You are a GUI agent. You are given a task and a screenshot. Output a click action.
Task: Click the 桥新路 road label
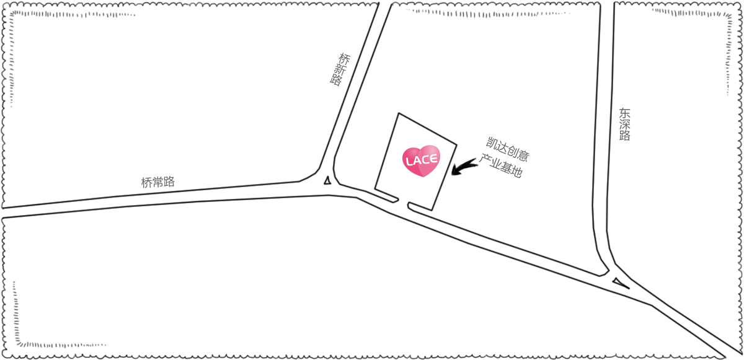pos(340,69)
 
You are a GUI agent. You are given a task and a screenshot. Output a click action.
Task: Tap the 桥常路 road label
pos(158,182)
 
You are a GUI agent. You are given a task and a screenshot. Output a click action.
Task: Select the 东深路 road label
pos(625,125)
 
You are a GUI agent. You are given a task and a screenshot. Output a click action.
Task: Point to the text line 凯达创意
pos(508,149)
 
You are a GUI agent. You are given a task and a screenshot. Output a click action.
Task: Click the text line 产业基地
pos(502,165)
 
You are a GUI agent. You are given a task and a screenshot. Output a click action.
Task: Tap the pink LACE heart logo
pos(421,161)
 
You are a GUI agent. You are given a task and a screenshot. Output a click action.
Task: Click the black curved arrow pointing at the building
pos(464,167)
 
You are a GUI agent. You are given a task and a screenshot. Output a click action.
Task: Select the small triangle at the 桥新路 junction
pos(327,180)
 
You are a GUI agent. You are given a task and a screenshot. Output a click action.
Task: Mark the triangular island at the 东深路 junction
pos(621,283)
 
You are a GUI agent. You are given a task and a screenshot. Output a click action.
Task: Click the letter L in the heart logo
pos(410,162)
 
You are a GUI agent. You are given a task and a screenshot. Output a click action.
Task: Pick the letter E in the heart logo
pos(433,159)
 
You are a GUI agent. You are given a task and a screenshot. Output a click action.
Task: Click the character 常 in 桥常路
pos(158,182)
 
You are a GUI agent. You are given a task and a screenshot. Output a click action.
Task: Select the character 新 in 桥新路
pos(340,69)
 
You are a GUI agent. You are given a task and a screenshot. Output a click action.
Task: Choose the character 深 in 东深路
pos(625,125)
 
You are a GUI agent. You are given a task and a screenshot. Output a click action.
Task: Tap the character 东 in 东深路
pos(625,113)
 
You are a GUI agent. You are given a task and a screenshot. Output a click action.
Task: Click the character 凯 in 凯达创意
pos(491,143)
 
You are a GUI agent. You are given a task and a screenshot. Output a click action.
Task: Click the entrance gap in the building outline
pos(403,203)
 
